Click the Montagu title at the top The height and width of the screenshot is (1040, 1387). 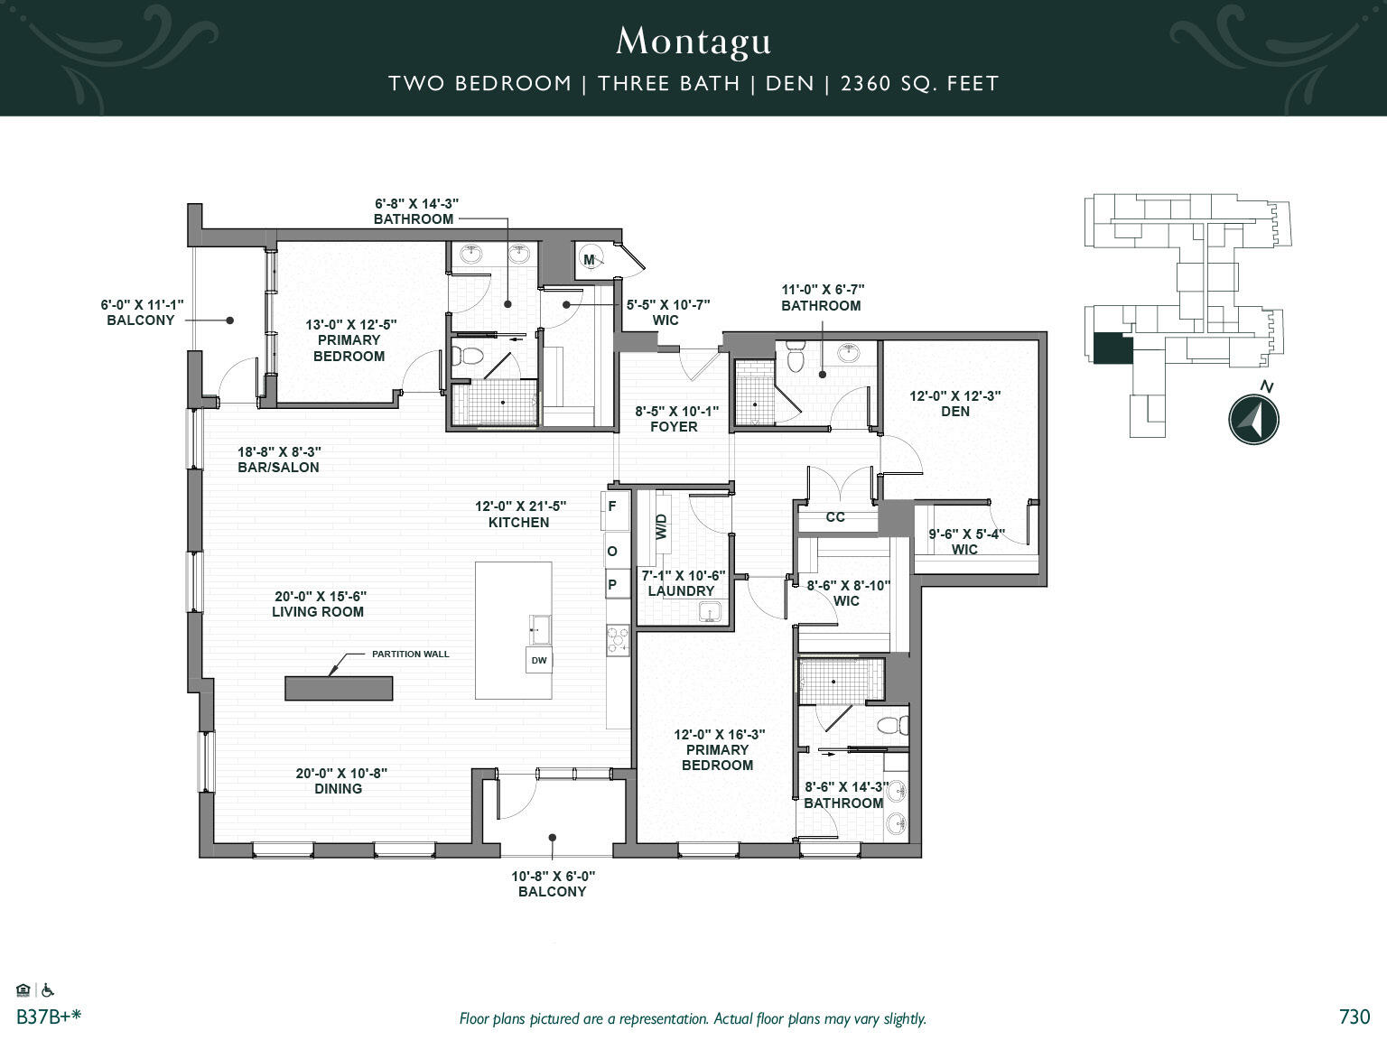(x=693, y=42)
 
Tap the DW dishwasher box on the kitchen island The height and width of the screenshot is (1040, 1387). (x=538, y=661)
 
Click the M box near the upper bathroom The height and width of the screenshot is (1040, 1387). (x=590, y=261)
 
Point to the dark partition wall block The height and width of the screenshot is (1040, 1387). (x=339, y=688)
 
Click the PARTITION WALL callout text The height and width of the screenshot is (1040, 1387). (x=410, y=655)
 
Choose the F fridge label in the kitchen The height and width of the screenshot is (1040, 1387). (x=612, y=507)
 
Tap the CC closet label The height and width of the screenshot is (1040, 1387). (x=835, y=517)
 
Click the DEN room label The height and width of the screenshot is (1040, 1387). (x=955, y=412)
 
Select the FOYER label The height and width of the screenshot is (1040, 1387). (x=674, y=427)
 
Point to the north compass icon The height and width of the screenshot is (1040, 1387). (x=1253, y=420)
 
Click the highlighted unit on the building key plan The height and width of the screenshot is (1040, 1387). (x=1112, y=348)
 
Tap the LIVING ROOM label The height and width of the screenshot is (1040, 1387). (x=318, y=612)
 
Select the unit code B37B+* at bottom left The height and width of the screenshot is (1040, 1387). (x=49, y=1017)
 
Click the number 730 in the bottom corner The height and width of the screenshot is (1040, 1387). (x=1354, y=1017)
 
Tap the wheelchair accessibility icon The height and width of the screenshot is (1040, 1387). (x=49, y=990)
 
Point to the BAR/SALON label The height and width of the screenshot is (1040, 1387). (x=278, y=468)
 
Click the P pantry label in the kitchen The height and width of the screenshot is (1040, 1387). (x=612, y=585)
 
